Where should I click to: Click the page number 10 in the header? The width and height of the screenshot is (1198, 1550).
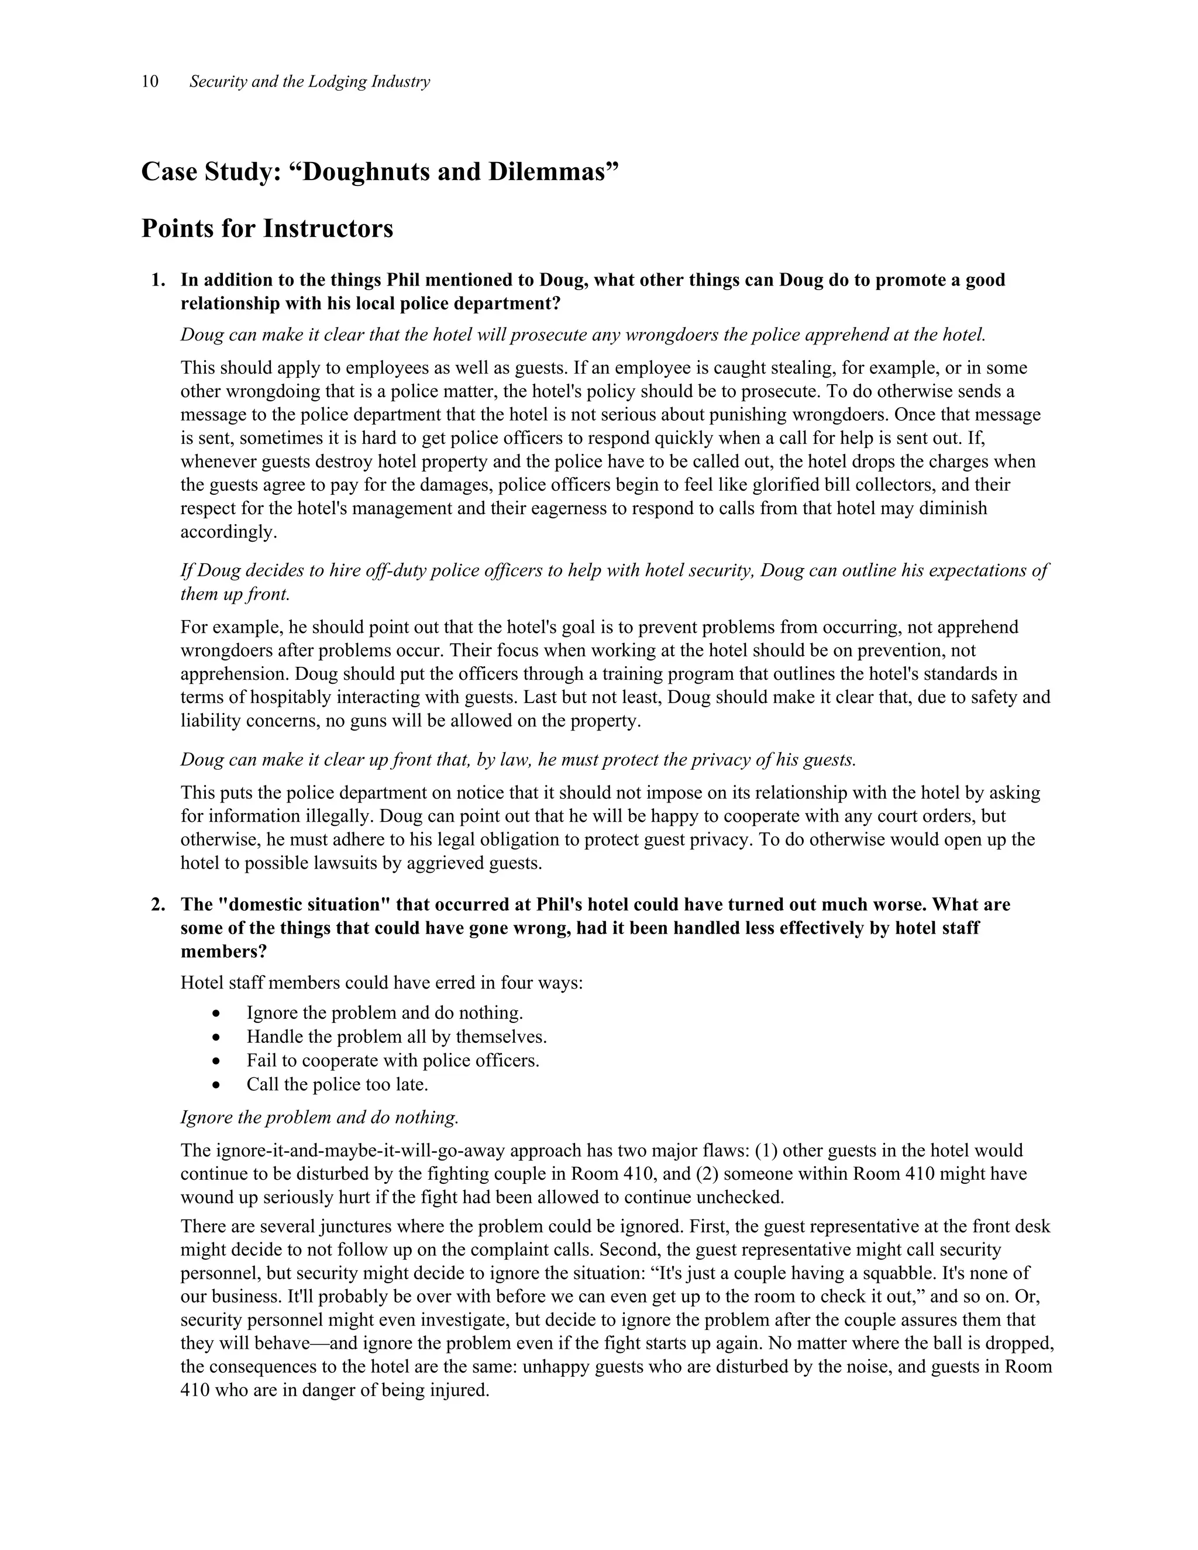point(150,82)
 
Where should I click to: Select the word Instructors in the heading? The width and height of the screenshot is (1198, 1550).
point(328,229)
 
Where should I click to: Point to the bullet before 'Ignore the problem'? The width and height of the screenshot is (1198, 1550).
point(216,1014)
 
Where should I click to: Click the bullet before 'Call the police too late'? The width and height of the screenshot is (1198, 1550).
point(216,1085)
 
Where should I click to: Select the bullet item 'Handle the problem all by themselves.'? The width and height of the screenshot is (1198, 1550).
point(396,1038)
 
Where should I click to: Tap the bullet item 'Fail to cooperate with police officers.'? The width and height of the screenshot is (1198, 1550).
point(393,1061)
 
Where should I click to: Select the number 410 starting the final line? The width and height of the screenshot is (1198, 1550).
point(195,1390)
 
